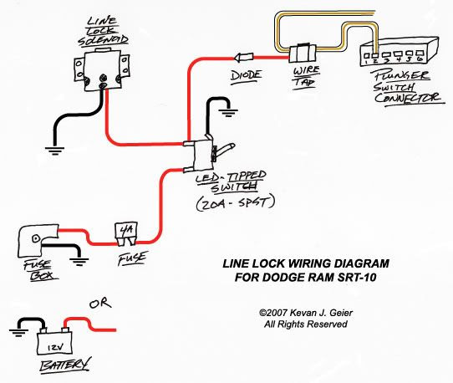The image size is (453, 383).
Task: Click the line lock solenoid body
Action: [x=102, y=69]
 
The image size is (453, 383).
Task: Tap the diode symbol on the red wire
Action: [x=243, y=57]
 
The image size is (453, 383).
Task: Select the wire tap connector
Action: [x=303, y=53]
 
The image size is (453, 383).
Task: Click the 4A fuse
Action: [x=126, y=234]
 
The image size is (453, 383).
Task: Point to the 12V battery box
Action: [x=54, y=343]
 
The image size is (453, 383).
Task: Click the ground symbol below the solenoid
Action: [x=54, y=151]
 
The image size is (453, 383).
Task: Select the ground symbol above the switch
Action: [x=228, y=113]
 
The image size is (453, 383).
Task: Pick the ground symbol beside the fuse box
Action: [x=79, y=262]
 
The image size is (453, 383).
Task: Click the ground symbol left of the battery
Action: [x=18, y=334]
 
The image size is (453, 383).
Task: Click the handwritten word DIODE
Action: [x=247, y=76]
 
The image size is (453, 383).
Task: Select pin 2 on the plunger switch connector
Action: [x=375, y=55]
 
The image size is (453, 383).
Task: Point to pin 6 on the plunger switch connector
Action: [x=420, y=54]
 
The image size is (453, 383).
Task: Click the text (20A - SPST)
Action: [x=236, y=203]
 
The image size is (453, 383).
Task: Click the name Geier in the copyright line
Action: [x=341, y=313]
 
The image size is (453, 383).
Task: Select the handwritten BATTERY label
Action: [x=65, y=365]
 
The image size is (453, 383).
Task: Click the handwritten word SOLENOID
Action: [x=103, y=40]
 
